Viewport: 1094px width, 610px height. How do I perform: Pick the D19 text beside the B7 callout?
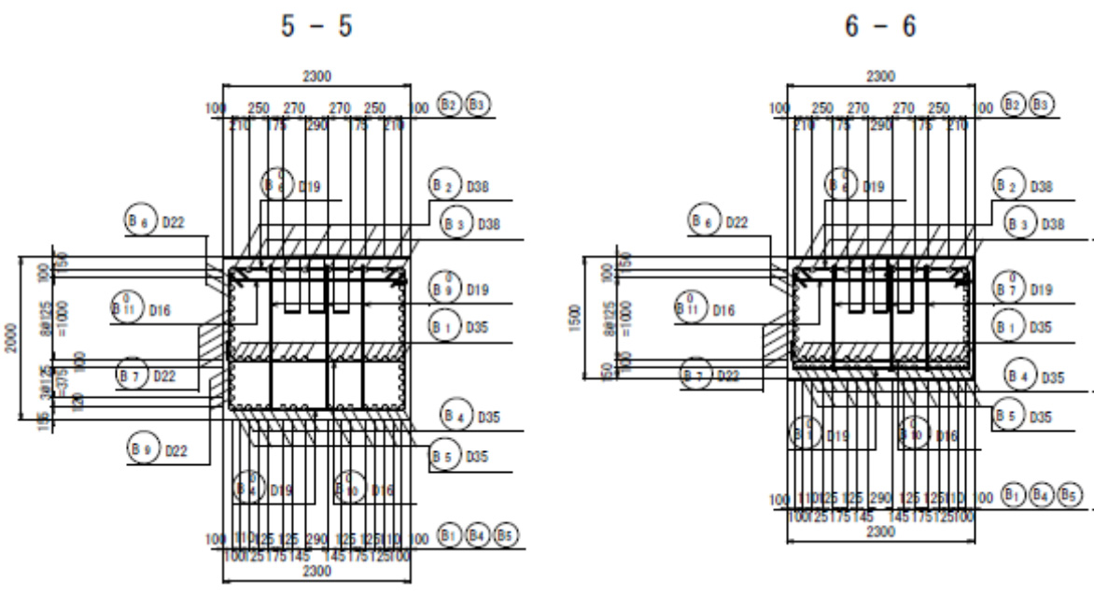coord(1042,291)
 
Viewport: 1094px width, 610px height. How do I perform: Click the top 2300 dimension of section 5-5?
coord(316,77)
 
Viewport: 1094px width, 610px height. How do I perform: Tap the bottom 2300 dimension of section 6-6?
coord(880,531)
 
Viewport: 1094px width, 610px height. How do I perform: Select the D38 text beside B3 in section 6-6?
coord(1053,224)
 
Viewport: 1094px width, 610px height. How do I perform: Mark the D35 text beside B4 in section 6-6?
coord(1053,377)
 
